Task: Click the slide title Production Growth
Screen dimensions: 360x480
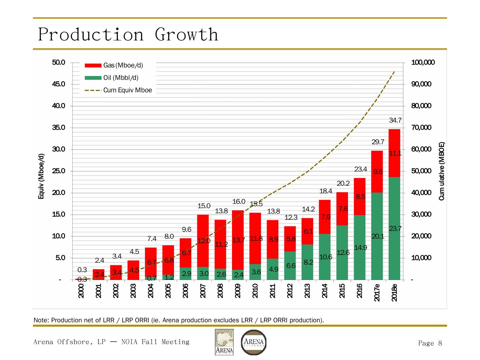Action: (128, 34)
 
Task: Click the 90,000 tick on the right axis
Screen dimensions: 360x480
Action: (421, 84)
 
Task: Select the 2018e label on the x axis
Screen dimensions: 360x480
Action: (394, 292)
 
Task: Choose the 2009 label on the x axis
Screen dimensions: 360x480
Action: (238, 291)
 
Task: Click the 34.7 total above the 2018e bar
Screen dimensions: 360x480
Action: (395, 120)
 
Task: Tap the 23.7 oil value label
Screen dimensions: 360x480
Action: (395, 229)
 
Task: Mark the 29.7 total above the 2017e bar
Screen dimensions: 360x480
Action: (378, 142)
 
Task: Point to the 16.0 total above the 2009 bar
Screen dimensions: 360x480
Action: (239, 202)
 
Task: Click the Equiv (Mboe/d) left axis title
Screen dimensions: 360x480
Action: (41, 176)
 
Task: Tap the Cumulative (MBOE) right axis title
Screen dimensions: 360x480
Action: (442, 171)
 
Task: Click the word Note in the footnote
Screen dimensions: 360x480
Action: (40, 320)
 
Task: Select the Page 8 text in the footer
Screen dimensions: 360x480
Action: (430, 343)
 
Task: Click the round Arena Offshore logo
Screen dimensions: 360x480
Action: (254, 342)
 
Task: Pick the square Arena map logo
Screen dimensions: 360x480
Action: (224, 342)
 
